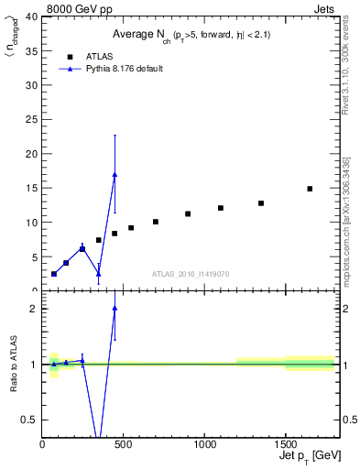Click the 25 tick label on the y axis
(x=32, y=120)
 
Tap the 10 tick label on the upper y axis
(x=32, y=223)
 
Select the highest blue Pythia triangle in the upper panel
(x=115, y=174)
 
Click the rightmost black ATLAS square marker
(x=310, y=189)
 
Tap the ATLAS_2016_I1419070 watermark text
(x=191, y=274)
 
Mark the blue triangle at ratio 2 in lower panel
(x=115, y=309)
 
